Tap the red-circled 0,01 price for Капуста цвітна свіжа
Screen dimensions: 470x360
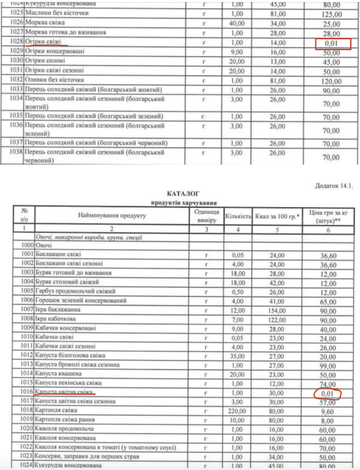point(328,394)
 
